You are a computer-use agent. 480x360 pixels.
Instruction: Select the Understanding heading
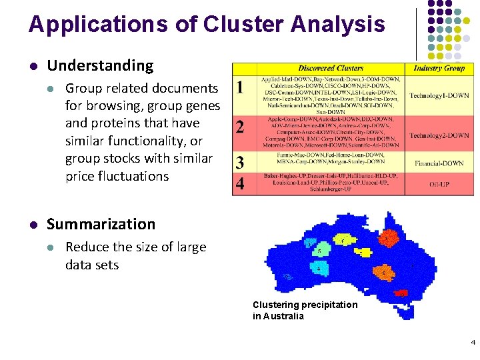point(100,65)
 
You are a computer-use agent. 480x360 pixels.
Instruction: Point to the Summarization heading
point(101,224)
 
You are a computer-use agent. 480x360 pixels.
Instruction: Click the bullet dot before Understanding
point(33,66)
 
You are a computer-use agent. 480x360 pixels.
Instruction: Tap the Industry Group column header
point(439,68)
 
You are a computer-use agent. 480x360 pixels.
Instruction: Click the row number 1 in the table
point(240,87)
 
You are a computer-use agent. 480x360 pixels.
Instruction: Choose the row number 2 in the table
point(240,127)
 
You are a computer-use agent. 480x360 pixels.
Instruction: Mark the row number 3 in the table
point(240,163)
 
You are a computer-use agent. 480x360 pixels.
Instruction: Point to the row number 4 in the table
point(240,183)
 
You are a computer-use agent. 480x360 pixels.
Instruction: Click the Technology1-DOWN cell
point(439,95)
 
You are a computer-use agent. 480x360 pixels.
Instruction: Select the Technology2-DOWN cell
point(439,135)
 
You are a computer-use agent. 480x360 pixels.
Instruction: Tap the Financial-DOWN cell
point(439,163)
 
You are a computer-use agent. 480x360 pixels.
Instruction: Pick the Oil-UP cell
point(439,184)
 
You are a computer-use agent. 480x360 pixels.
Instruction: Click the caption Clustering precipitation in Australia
point(305,310)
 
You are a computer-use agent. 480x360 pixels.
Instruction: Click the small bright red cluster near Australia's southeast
point(401,293)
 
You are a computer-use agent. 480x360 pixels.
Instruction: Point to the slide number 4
point(473,343)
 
